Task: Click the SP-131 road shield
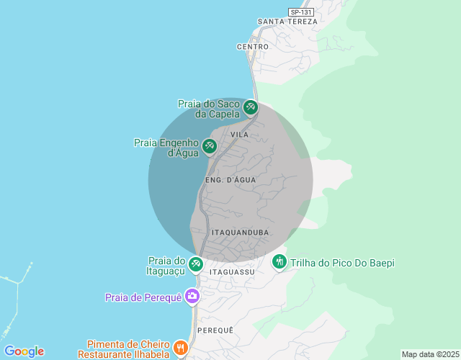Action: [x=301, y=12]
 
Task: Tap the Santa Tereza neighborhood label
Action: [x=287, y=22]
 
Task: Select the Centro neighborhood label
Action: [x=252, y=47]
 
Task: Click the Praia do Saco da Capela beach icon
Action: [x=250, y=108]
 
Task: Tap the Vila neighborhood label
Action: [x=240, y=135]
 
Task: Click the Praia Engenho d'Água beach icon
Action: [x=209, y=147]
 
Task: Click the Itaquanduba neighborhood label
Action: [x=241, y=233]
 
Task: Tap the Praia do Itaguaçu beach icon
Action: [x=195, y=265]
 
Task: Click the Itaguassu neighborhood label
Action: [x=232, y=273]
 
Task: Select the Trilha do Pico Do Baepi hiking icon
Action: [x=279, y=263]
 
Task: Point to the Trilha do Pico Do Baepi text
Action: [x=342, y=263]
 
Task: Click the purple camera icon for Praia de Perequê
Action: [x=192, y=296]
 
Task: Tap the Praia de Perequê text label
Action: [x=143, y=297]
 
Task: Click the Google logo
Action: [x=24, y=351]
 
